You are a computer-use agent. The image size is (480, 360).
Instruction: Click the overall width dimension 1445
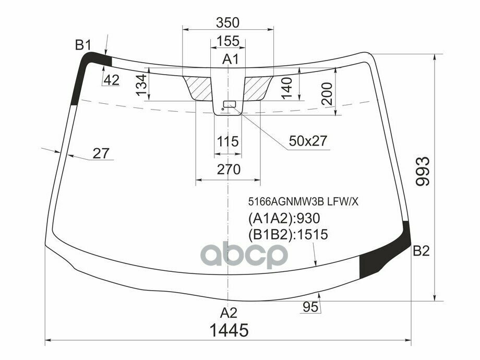click(228, 330)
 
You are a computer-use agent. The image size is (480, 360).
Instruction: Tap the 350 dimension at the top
click(227, 22)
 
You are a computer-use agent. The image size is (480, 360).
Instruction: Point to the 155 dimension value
click(227, 41)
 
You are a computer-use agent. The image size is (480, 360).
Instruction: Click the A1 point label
click(230, 59)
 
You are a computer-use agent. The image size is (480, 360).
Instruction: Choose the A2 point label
click(228, 313)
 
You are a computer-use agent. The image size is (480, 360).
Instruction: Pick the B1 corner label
click(83, 45)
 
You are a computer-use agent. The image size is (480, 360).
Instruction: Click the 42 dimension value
click(111, 80)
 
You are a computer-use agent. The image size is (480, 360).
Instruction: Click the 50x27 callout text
click(307, 140)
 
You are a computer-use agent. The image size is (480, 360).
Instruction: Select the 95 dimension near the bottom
click(310, 307)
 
